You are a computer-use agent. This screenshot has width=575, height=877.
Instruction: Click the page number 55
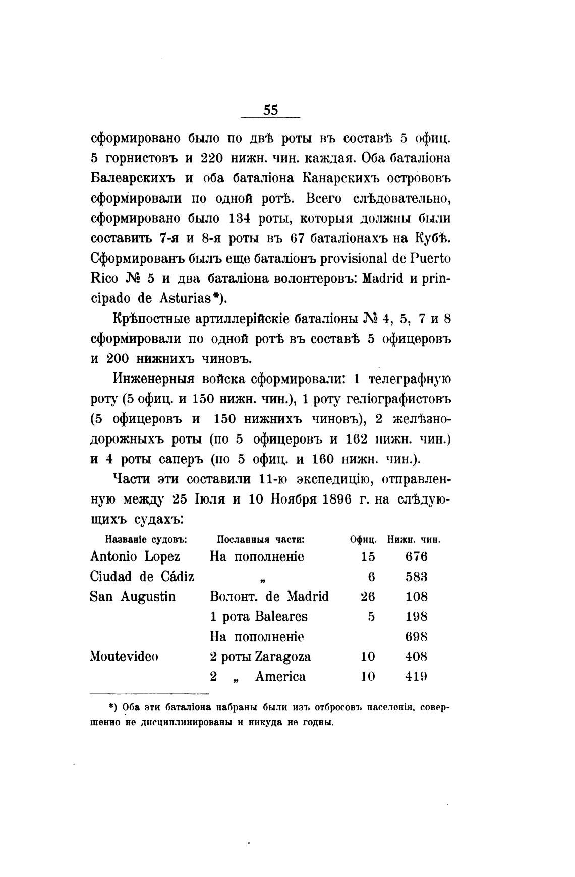click(270, 109)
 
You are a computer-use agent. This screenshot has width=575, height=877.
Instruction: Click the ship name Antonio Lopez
click(135, 556)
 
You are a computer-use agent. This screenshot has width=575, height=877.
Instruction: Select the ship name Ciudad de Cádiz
click(142, 577)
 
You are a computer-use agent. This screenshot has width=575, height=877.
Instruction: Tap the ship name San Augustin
click(133, 597)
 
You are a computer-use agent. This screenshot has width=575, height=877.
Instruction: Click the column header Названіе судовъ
click(146, 539)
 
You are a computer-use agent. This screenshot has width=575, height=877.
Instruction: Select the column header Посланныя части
click(261, 539)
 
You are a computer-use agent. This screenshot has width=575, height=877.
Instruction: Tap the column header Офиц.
click(364, 539)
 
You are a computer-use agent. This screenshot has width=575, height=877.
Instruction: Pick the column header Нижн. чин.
click(414, 539)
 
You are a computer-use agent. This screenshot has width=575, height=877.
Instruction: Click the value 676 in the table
click(417, 557)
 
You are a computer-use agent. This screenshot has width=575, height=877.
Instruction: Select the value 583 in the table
click(417, 577)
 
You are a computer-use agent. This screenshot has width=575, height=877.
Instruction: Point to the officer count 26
click(368, 597)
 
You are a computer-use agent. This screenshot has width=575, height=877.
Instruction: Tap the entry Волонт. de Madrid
click(269, 597)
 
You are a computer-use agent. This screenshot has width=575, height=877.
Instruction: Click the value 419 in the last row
click(417, 677)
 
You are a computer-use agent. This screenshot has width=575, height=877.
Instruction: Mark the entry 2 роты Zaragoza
click(260, 657)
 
